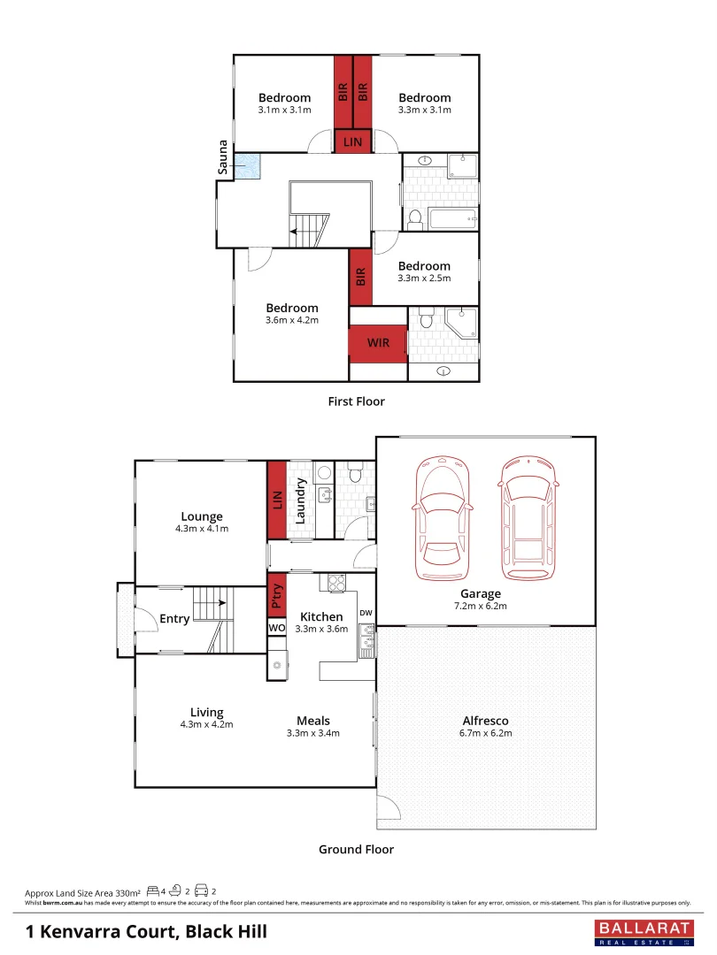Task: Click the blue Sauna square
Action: coord(249,165)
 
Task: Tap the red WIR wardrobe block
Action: coord(378,342)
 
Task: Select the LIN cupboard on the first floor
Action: coord(352,141)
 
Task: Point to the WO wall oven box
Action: coord(276,627)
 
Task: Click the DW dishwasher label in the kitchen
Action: coord(365,612)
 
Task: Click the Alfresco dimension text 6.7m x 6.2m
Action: coord(485,733)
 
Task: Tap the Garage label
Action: coord(481,593)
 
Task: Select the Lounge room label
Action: coord(202,516)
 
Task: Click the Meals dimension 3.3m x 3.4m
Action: coord(313,733)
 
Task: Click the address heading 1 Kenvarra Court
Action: coord(146,931)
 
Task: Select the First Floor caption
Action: coord(356,401)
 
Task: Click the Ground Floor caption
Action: coord(356,849)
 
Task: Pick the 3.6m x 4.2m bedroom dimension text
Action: coord(291,320)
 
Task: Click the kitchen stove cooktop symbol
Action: coord(337,583)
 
